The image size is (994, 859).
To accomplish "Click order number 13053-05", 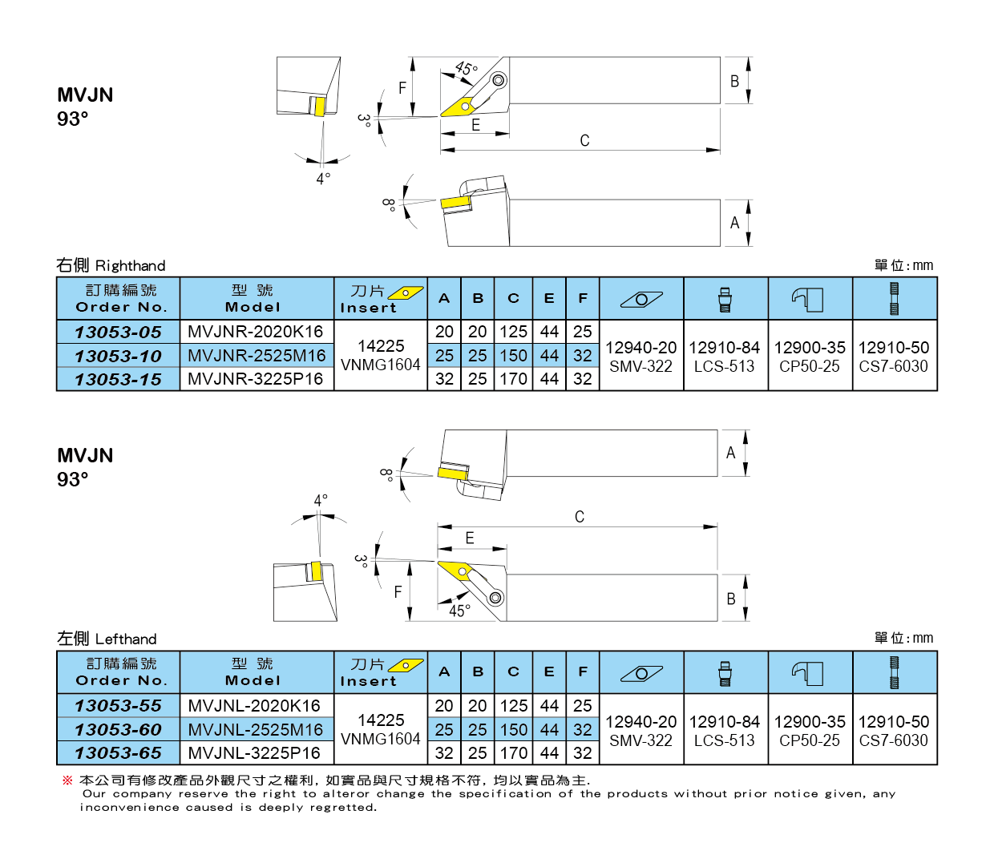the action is [118, 333].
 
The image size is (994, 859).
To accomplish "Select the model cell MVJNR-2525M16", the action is [257, 356].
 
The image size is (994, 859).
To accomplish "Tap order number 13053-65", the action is [118, 753].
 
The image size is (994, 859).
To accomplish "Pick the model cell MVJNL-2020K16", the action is [254, 706].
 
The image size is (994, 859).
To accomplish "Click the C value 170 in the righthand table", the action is [514, 379].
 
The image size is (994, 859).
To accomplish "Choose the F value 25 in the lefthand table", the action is [582, 706].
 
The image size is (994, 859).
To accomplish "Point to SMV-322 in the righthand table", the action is [641, 367].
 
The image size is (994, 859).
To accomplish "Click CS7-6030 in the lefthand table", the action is [894, 740].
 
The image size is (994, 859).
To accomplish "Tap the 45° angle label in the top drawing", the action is [466, 68].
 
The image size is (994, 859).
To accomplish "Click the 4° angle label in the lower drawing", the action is [321, 500].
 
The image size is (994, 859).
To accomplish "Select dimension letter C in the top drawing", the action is [584, 141].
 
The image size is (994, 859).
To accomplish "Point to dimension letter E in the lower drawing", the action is [470, 538].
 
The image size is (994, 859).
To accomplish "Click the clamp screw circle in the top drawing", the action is [499, 80].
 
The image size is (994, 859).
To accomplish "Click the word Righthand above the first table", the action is [131, 266].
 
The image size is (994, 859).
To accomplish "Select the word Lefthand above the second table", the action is [126, 639].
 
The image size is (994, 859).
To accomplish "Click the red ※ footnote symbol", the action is [67, 780].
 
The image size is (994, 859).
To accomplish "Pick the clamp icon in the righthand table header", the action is [807, 300].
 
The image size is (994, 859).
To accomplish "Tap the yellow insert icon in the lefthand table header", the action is [406, 665].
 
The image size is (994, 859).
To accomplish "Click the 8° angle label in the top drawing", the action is [389, 205].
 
